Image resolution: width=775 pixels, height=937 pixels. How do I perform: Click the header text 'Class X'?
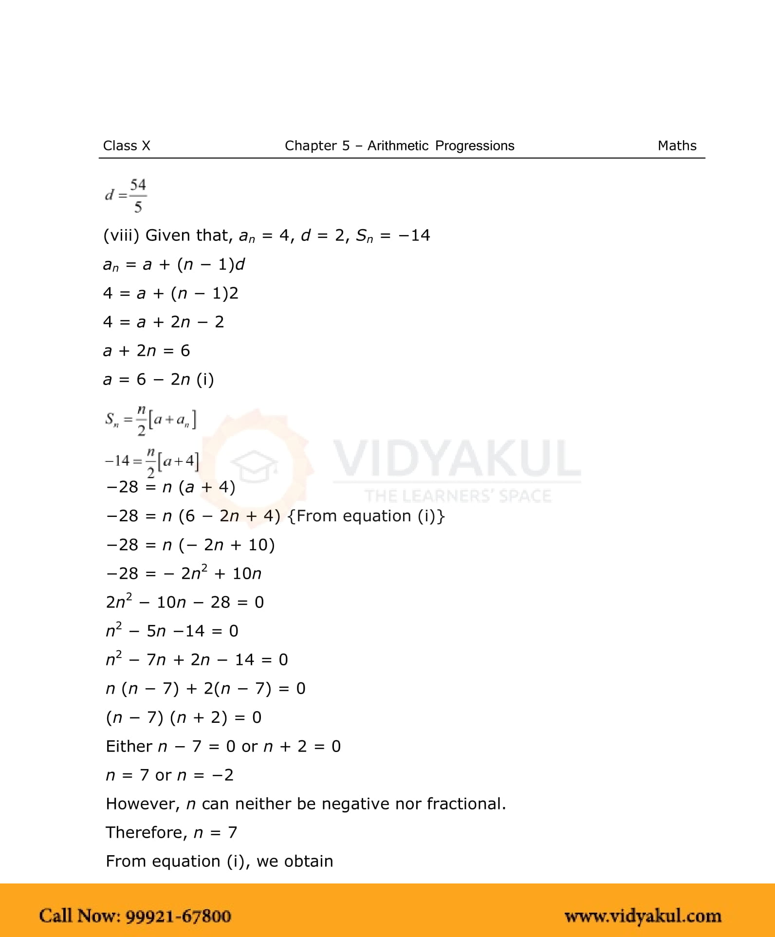(127, 146)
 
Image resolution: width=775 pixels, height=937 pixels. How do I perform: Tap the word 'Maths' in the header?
(677, 146)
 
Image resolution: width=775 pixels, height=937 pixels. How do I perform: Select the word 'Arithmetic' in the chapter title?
(398, 146)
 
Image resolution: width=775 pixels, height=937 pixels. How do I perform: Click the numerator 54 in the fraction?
(138, 185)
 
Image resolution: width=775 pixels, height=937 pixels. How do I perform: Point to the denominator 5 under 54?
(138, 207)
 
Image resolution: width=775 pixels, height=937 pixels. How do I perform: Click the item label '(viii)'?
(121, 236)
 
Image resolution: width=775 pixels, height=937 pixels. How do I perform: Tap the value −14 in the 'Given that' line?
(414, 236)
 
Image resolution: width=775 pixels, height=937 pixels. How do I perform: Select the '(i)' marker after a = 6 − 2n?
(205, 380)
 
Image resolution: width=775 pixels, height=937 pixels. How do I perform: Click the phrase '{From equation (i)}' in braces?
(366, 516)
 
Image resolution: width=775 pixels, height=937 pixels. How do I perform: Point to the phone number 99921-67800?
(178, 916)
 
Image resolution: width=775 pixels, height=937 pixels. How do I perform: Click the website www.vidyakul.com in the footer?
(643, 916)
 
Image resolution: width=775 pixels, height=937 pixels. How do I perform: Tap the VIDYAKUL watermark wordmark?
(457, 459)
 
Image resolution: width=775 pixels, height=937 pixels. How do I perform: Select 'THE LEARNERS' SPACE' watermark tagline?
(458, 496)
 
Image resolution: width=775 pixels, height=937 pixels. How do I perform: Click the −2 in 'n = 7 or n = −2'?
(223, 775)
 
